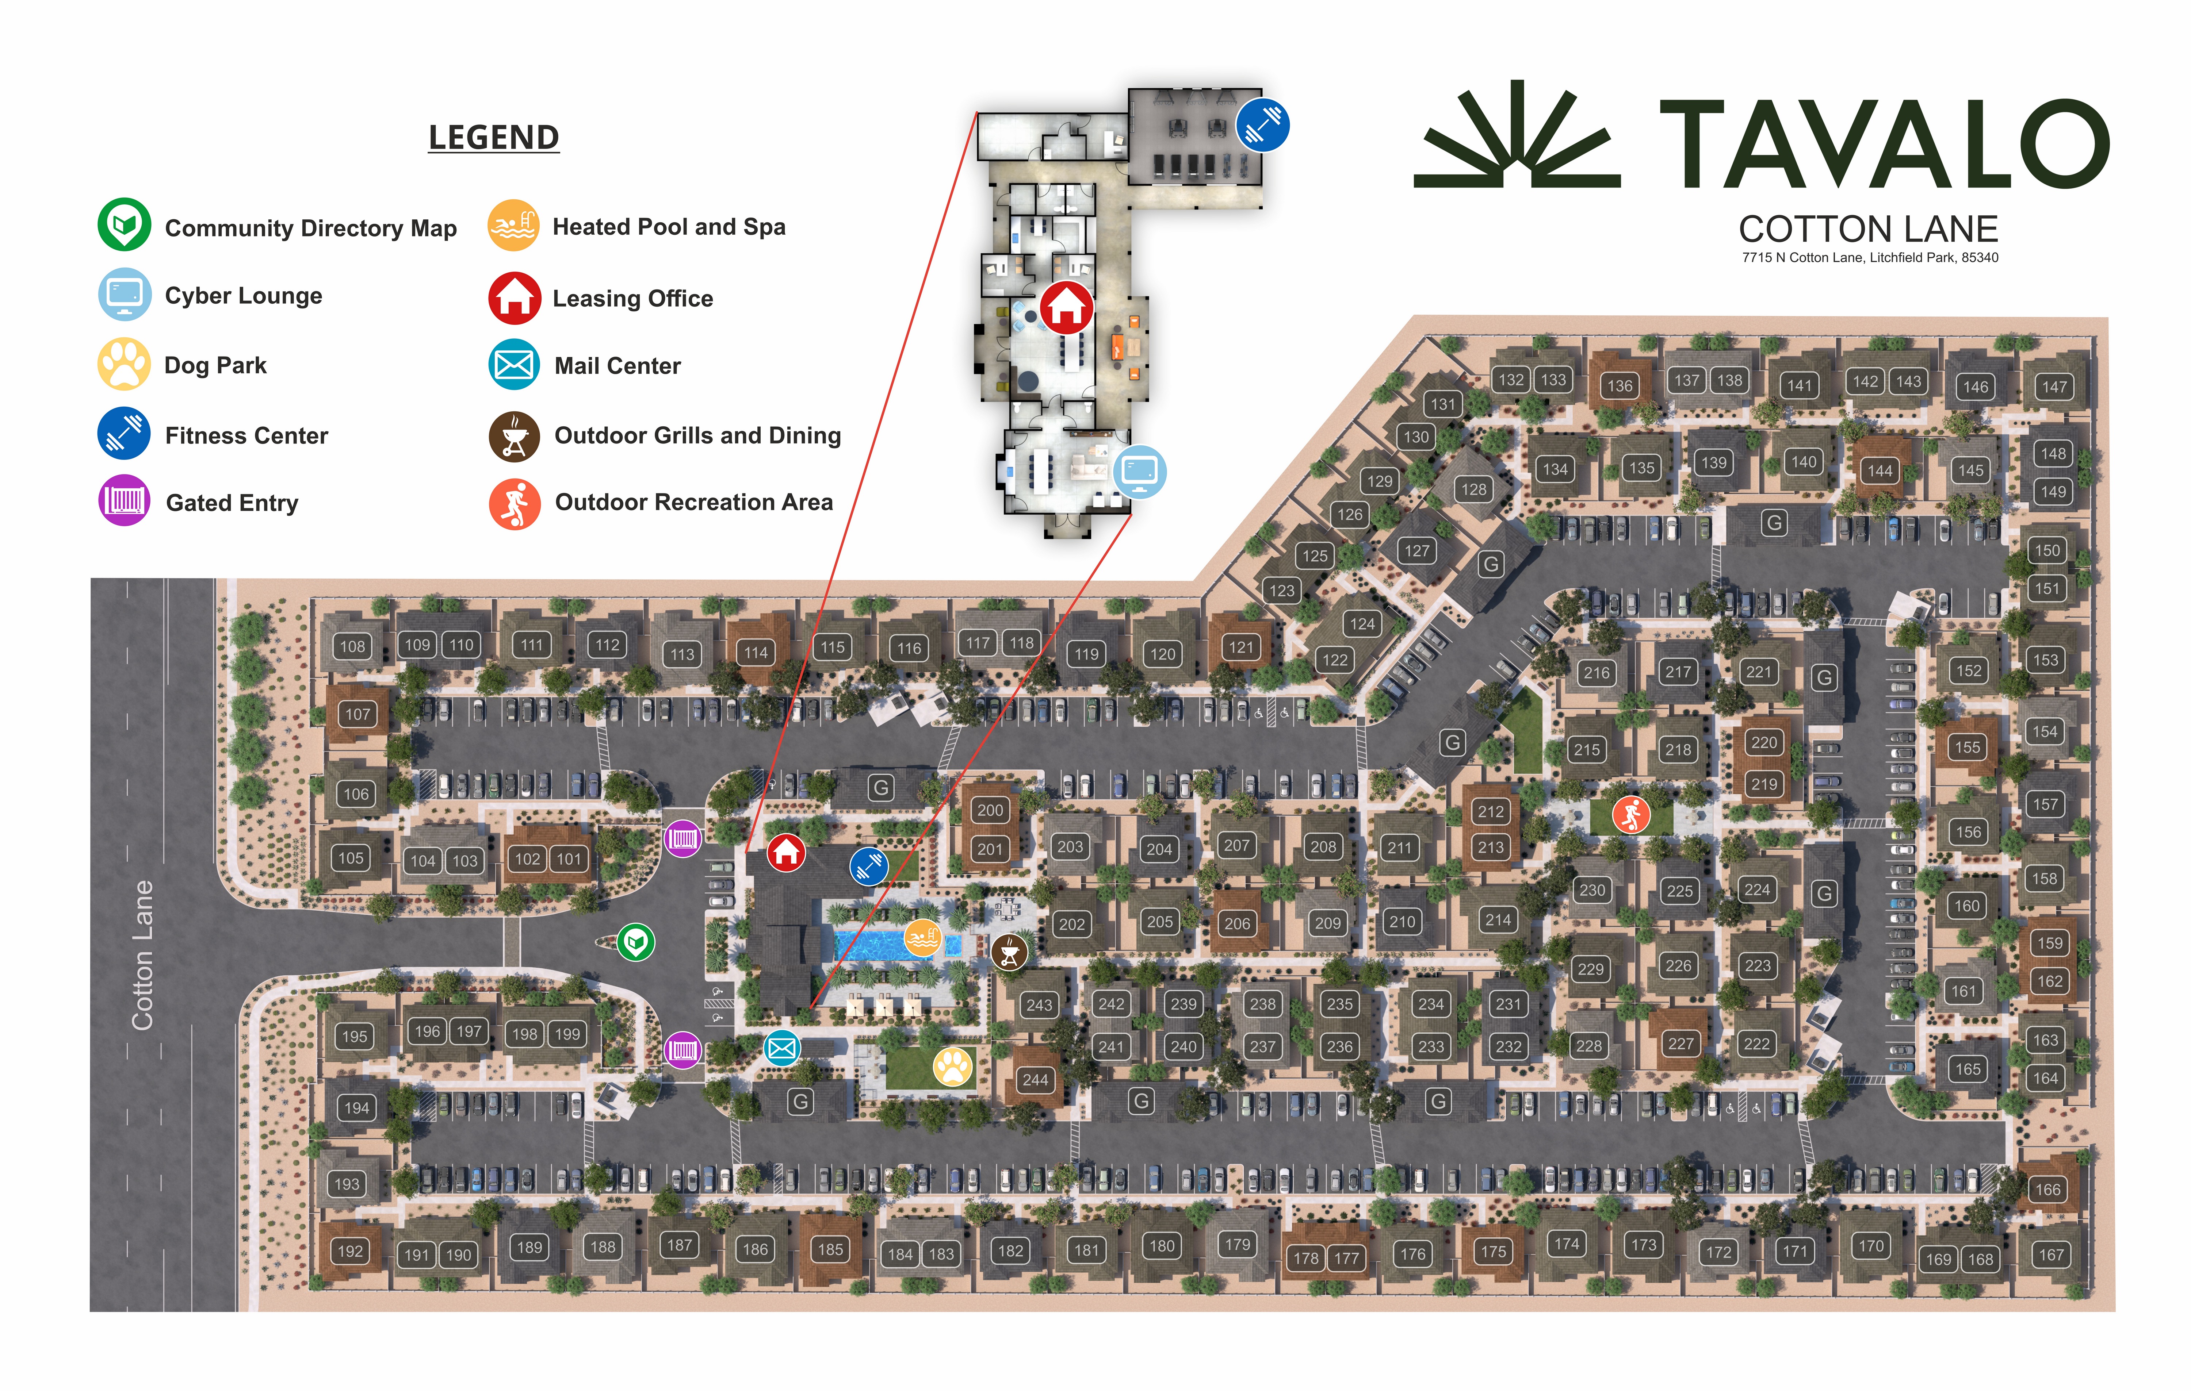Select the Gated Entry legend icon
pyautogui.click(x=124, y=501)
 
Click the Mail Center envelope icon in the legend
pyautogui.click(x=514, y=365)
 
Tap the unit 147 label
pyautogui.click(x=2054, y=387)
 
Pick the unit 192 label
pyautogui.click(x=350, y=1251)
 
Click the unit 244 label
pyautogui.click(x=1035, y=1080)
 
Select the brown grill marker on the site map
pyautogui.click(x=1009, y=953)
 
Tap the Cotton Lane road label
pyautogui.click(x=143, y=955)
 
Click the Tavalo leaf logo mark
pyautogui.click(x=1517, y=137)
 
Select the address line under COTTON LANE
pyautogui.click(x=1870, y=257)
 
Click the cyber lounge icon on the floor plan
pyautogui.click(x=1139, y=471)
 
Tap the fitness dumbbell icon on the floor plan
pyautogui.click(x=1262, y=124)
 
